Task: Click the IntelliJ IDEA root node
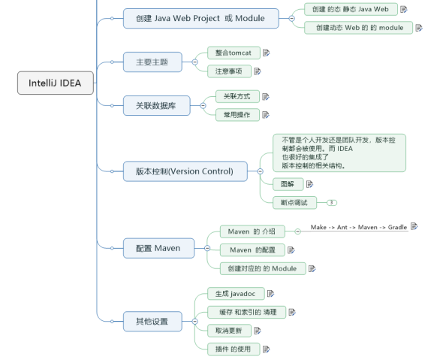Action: (56, 83)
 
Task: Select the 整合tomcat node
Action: (234, 53)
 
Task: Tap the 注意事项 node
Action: (229, 71)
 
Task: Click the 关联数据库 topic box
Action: (157, 106)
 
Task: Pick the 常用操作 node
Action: (237, 115)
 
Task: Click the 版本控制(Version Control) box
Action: (185, 171)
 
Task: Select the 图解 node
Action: (288, 184)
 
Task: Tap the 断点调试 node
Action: (294, 203)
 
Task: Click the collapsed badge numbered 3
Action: (332, 203)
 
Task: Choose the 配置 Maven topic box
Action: (158, 248)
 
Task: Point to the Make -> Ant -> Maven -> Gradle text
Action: (359, 227)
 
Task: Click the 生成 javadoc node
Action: (236, 294)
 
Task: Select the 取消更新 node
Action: (229, 331)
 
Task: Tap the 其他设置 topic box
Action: (152, 322)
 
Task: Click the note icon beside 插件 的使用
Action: (267, 349)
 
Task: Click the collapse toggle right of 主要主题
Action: (195, 62)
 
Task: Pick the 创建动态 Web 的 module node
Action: (358, 28)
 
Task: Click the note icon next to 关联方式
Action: (266, 97)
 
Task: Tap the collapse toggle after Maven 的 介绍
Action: (297, 231)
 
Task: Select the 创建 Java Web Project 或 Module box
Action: (201, 18)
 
